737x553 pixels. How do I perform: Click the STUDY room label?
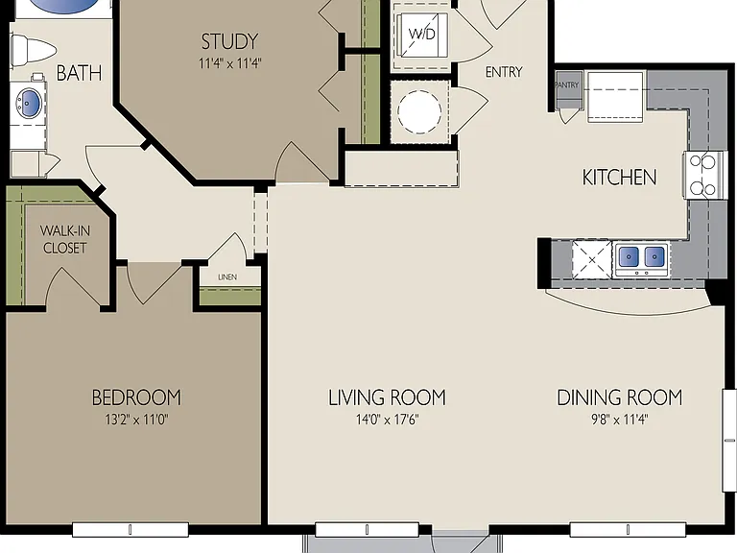[x=230, y=41]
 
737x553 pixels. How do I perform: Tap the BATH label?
[x=79, y=73]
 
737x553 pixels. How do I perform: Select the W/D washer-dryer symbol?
[x=421, y=35]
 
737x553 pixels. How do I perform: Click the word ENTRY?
[x=504, y=72]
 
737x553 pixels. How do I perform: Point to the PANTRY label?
[x=567, y=85]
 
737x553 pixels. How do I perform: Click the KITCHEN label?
[x=620, y=178]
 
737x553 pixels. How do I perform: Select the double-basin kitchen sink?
[x=642, y=258]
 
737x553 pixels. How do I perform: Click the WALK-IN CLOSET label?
[x=65, y=239]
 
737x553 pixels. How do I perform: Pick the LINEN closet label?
[x=227, y=277]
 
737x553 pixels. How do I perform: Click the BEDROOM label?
[x=136, y=397]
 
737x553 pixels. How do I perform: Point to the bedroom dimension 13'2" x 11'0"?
[x=136, y=419]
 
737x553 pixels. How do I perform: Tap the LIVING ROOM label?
[x=387, y=397]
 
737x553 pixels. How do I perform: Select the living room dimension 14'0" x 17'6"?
[x=387, y=419]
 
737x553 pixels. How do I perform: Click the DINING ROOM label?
[x=620, y=397]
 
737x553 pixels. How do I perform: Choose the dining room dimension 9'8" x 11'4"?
[x=620, y=419]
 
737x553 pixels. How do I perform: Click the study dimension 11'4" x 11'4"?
[x=230, y=63]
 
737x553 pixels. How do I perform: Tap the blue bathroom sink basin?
[x=27, y=101]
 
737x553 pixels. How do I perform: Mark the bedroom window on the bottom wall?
[x=131, y=530]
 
